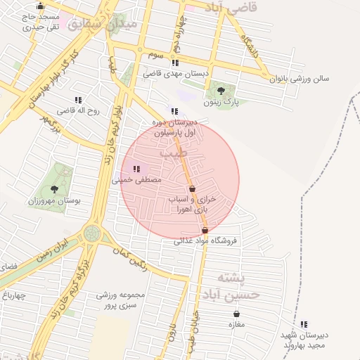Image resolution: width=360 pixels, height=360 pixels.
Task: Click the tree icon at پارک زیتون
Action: click(x=221, y=91)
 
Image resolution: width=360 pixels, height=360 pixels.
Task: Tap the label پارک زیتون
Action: click(x=222, y=103)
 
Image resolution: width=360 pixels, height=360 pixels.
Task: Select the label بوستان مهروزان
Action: click(x=54, y=200)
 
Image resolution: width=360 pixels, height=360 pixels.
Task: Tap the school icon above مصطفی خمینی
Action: click(x=136, y=169)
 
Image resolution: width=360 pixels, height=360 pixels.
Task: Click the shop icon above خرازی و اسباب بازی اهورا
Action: click(x=192, y=188)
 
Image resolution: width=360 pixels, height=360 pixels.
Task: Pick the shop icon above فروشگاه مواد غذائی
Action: click(x=205, y=230)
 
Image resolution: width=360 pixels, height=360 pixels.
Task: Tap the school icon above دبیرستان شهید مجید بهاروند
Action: click(x=304, y=324)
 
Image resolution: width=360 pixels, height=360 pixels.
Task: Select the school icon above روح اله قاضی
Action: click(x=77, y=100)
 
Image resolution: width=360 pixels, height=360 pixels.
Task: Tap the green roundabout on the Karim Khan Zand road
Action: click(x=91, y=232)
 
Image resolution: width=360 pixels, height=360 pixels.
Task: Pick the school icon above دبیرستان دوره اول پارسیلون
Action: click(x=174, y=110)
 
